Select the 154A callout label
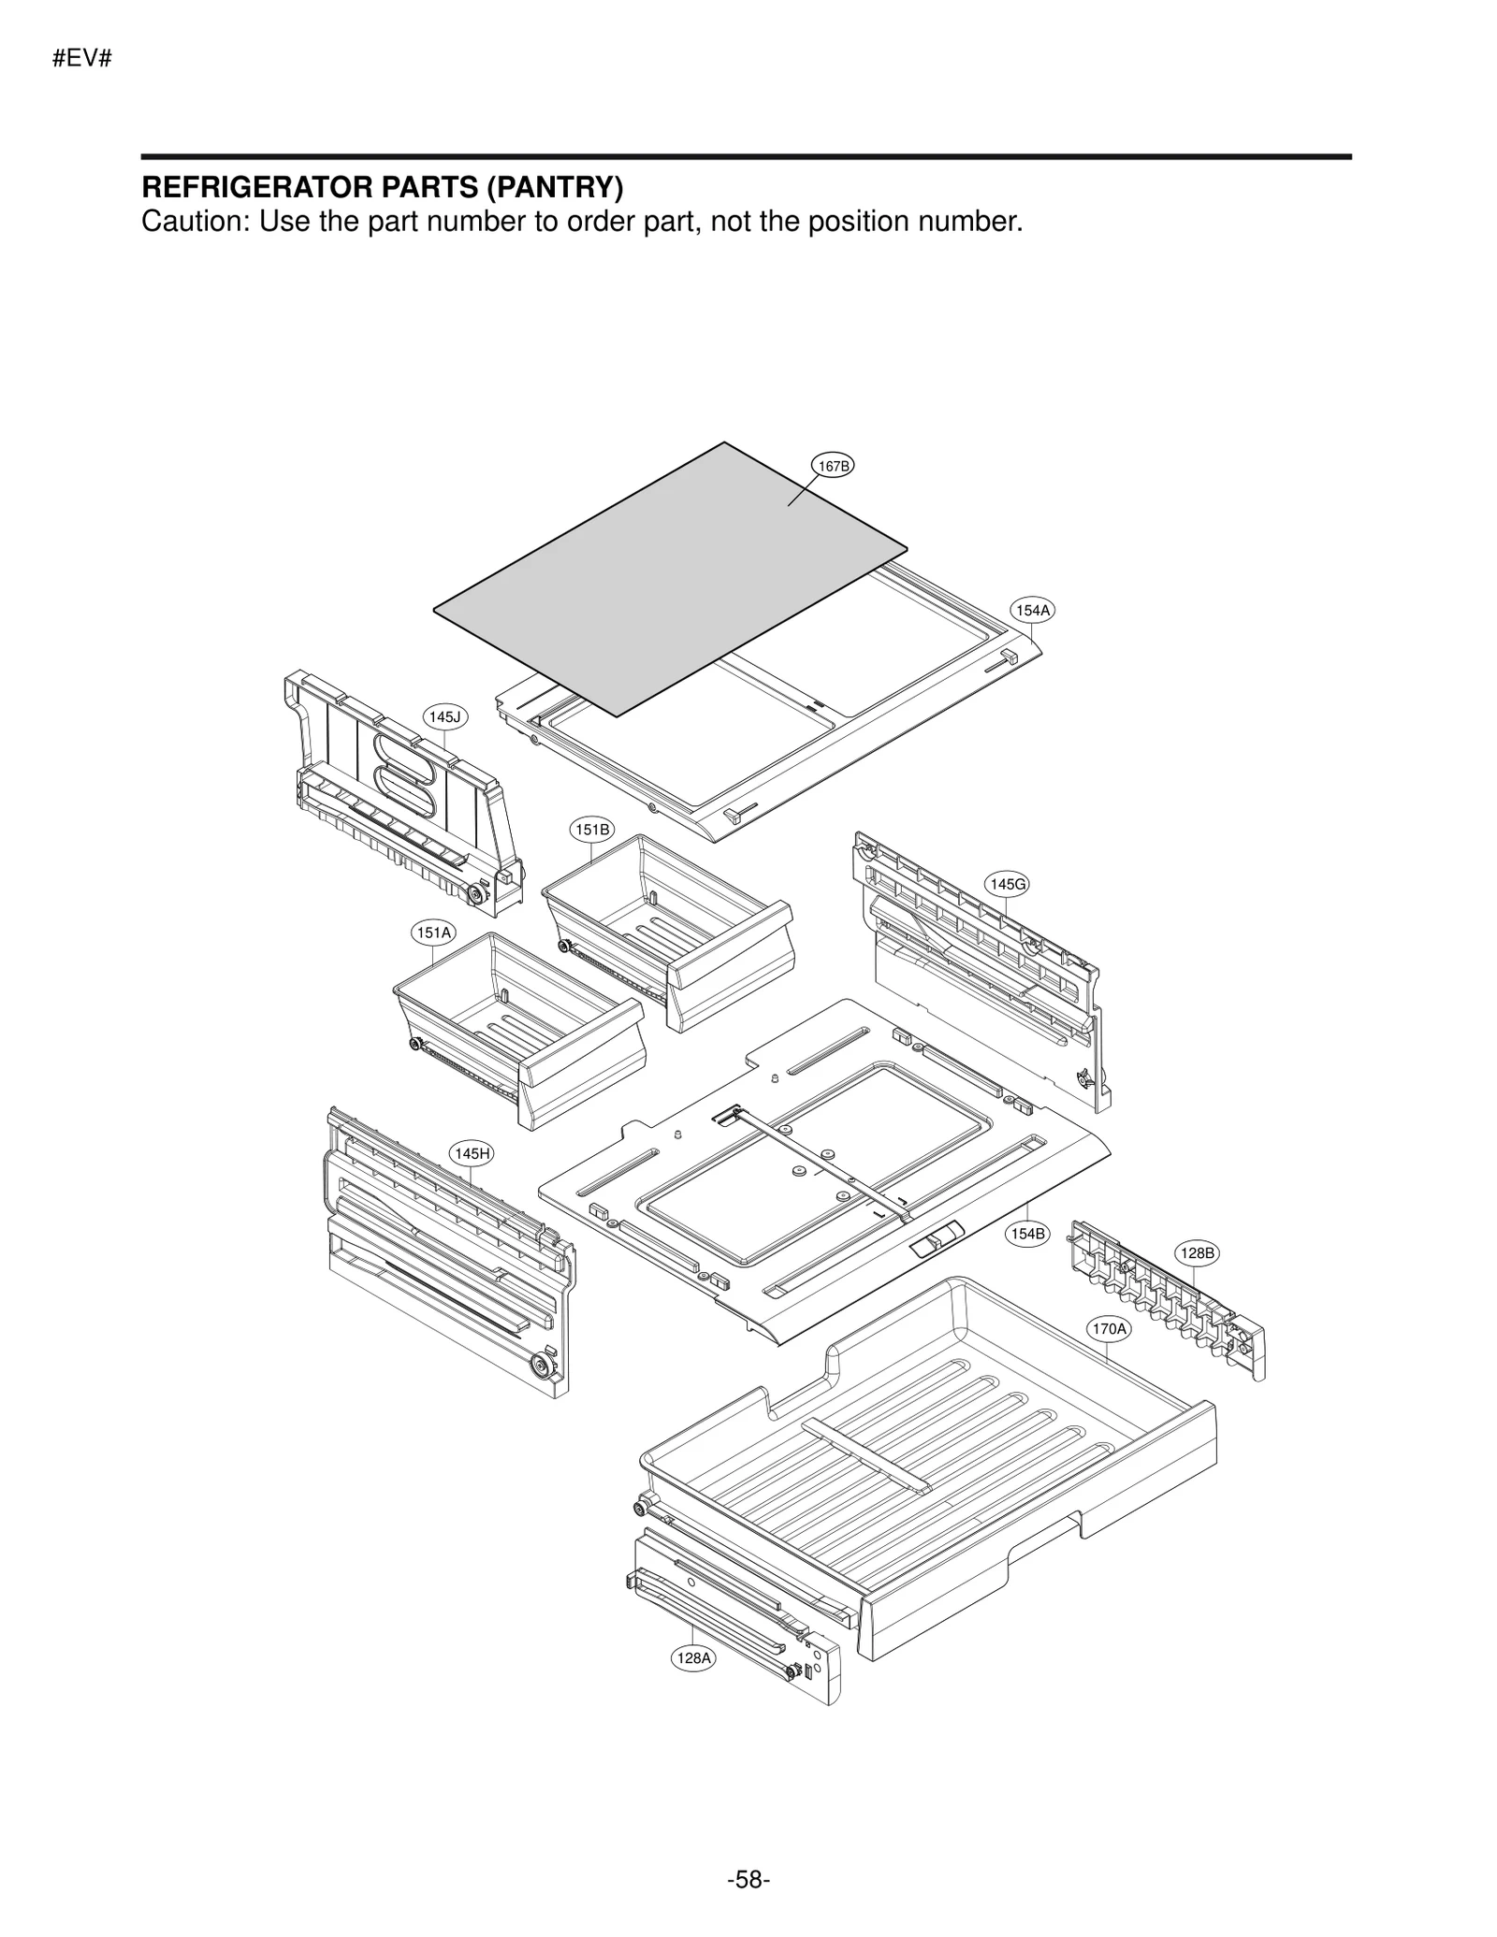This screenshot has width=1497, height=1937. point(1033,610)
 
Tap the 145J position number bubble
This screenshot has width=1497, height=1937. point(444,716)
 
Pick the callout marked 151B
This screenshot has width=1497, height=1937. point(592,829)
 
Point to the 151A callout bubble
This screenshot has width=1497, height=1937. point(434,932)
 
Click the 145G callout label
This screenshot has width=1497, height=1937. point(1007,884)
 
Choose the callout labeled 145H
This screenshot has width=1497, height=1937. point(472,1153)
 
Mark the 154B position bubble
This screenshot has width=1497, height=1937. point(1027,1234)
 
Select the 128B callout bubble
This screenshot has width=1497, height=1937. point(1197,1253)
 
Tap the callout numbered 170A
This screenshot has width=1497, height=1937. point(1109,1328)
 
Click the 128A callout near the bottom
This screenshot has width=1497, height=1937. point(693,1658)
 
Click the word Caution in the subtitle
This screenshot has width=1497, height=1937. point(193,222)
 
